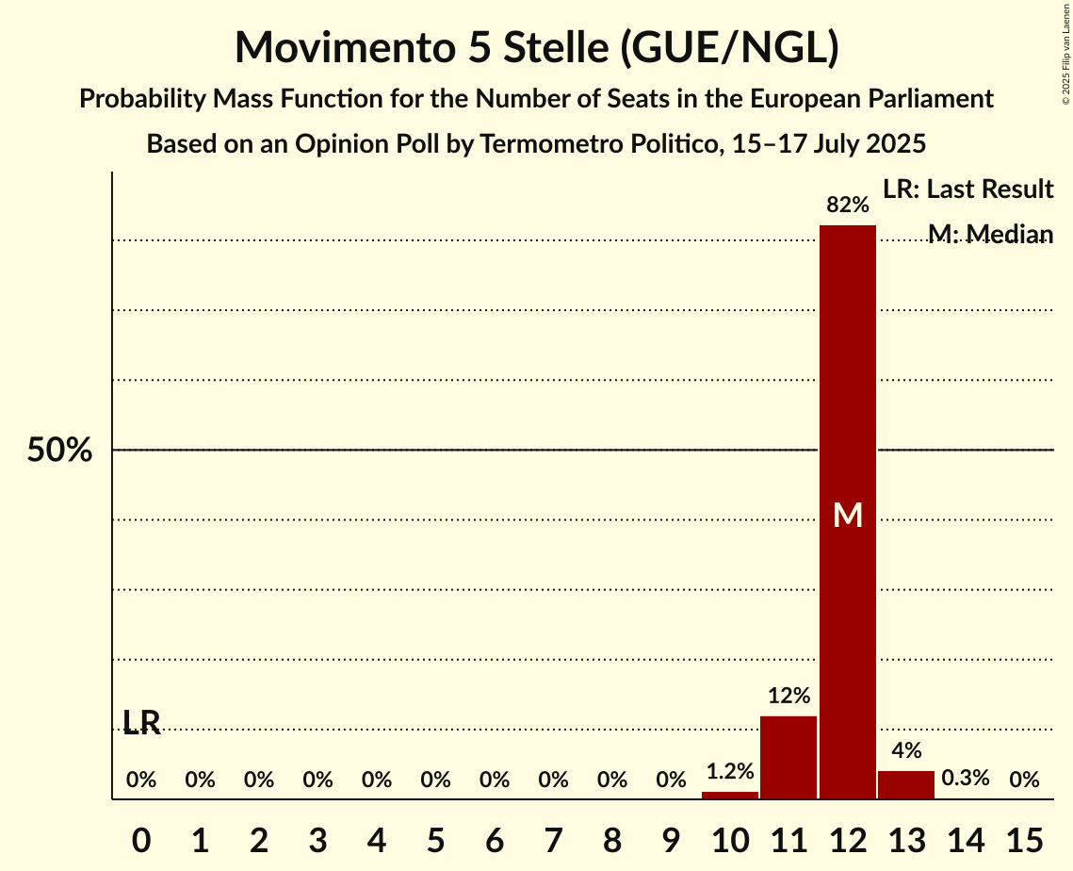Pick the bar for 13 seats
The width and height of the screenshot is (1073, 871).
[x=906, y=784]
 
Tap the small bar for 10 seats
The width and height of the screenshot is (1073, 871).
[x=730, y=795]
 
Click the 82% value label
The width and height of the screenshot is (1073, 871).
[x=847, y=205]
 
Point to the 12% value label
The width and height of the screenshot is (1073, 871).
[x=788, y=697]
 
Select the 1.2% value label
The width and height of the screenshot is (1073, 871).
[x=730, y=771]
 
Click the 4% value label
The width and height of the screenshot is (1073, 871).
[x=906, y=751]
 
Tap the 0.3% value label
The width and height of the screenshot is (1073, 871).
[x=966, y=779]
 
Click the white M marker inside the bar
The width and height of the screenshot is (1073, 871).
[x=848, y=515]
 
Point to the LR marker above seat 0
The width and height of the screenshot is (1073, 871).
[x=141, y=723]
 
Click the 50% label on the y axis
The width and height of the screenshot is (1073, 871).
[x=59, y=451]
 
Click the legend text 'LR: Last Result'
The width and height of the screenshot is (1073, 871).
[x=967, y=189]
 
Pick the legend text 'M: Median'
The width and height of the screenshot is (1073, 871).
[x=990, y=234]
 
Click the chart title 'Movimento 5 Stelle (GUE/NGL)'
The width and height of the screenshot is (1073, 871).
[x=536, y=47]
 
